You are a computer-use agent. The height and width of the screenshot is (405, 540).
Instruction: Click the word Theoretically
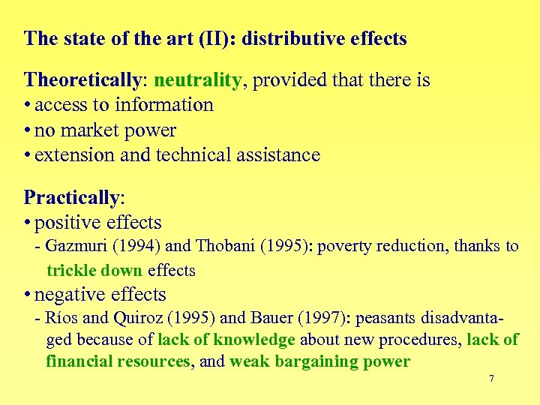coord(72,79)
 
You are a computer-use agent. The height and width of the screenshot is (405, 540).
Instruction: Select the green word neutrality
coord(197,79)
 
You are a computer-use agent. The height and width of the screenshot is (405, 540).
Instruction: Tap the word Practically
coord(72,198)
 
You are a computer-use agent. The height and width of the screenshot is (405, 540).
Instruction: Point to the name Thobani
coord(225,246)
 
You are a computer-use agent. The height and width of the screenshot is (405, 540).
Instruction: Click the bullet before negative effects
coord(28,295)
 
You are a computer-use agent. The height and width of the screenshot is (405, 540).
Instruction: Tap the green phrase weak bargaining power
coord(319,361)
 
